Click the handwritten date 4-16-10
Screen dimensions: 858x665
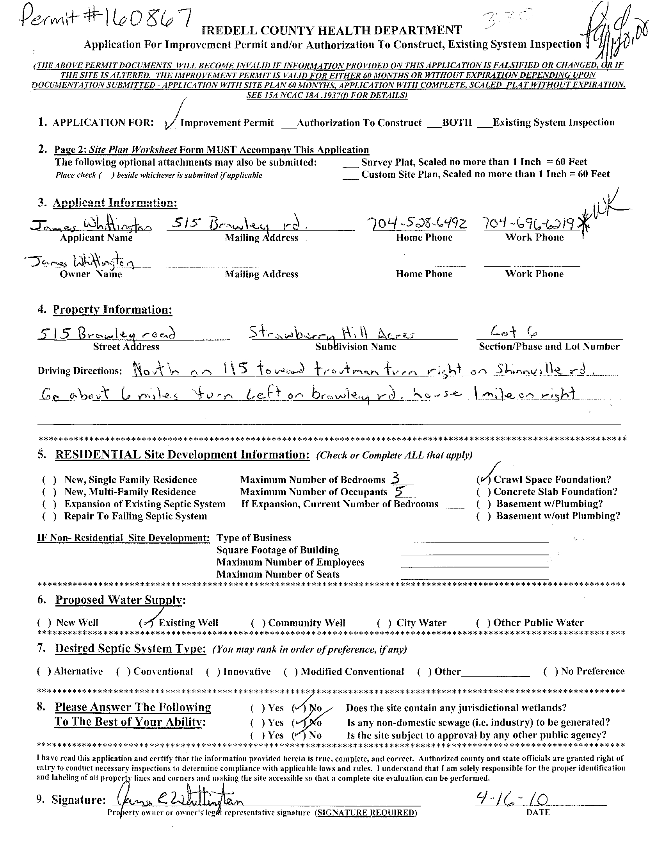click(x=512, y=799)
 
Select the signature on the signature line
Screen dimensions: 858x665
click(x=181, y=799)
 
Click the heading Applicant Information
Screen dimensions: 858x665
click(x=115, y=203)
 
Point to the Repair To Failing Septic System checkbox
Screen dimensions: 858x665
click(x=50, y=516)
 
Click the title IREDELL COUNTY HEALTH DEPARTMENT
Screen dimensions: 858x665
click(x=331, y=30)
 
